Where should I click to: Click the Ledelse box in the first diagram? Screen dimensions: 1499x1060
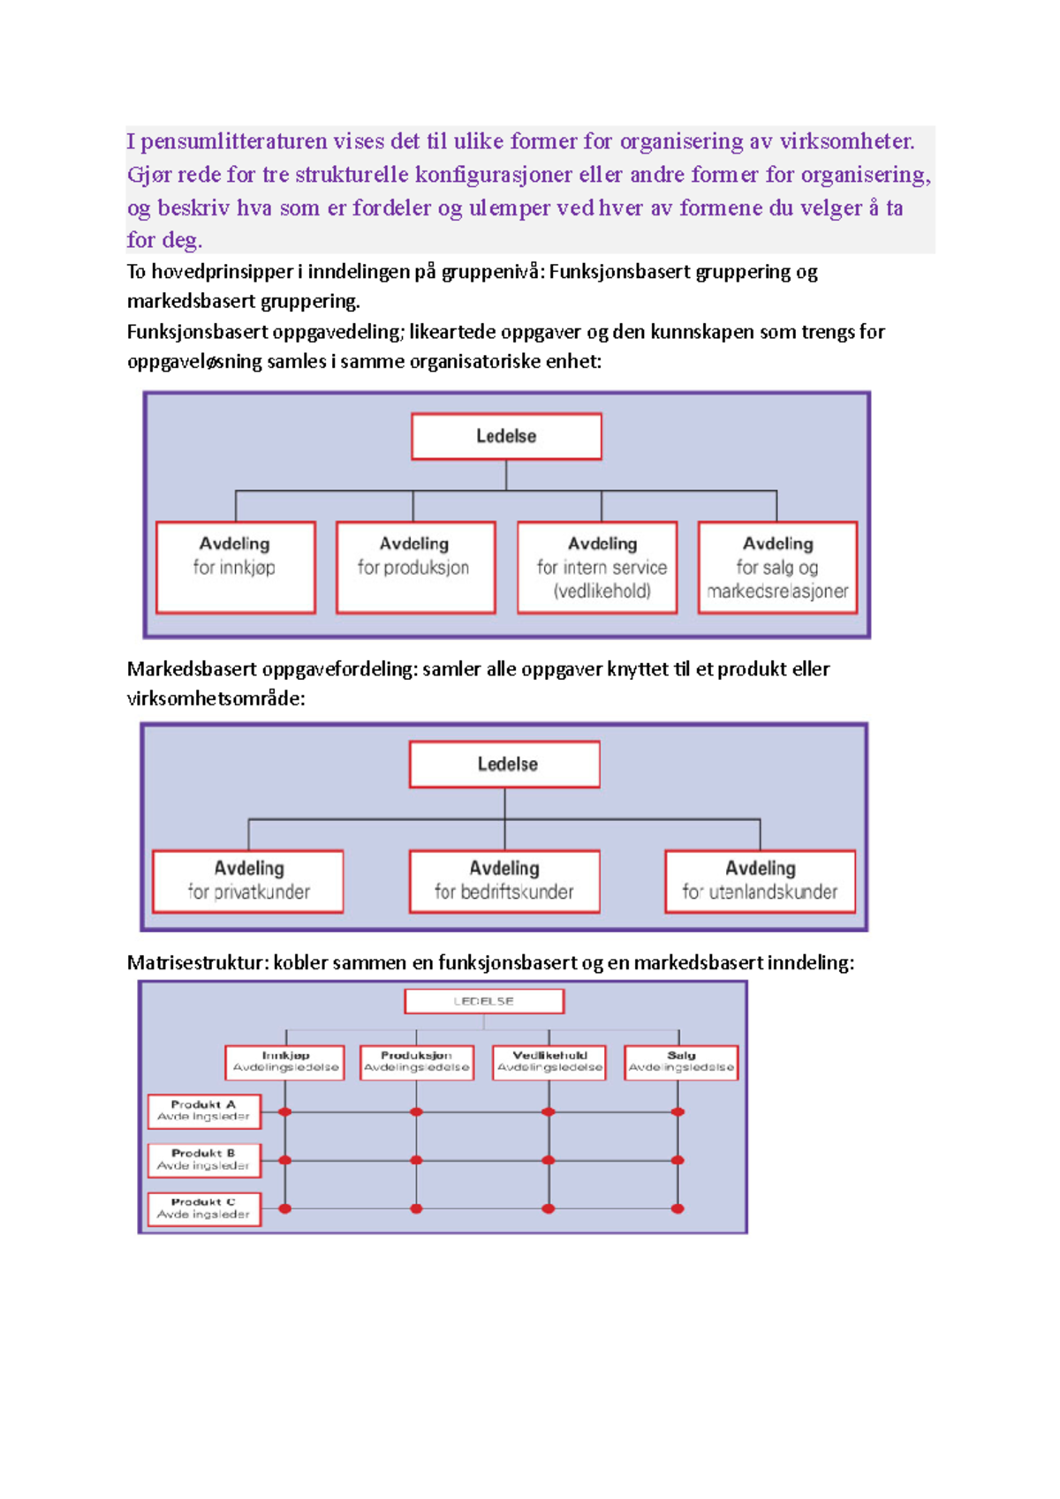506,436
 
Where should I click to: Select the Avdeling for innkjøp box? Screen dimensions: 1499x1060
235,567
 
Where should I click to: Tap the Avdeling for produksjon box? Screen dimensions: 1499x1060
415,567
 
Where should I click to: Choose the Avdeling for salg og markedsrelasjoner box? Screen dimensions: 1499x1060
777,567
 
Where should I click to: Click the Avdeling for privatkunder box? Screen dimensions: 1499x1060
248,881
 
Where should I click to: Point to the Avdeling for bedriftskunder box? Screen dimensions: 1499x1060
504,881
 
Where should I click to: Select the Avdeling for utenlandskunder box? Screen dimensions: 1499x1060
761,881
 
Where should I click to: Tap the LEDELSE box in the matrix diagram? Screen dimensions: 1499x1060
484,1001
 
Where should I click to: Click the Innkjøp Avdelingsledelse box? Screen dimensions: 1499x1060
285,1062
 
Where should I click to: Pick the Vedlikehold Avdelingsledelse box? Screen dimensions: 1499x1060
549,1062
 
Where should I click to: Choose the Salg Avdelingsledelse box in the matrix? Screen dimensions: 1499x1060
681,1062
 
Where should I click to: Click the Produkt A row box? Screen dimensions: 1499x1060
204,1111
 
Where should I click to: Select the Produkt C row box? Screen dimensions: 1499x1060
204,1209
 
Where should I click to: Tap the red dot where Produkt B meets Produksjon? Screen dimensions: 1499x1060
417,1160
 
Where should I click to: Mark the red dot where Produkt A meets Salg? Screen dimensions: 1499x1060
678,1112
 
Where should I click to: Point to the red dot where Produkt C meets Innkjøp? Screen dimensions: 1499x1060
285,1209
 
